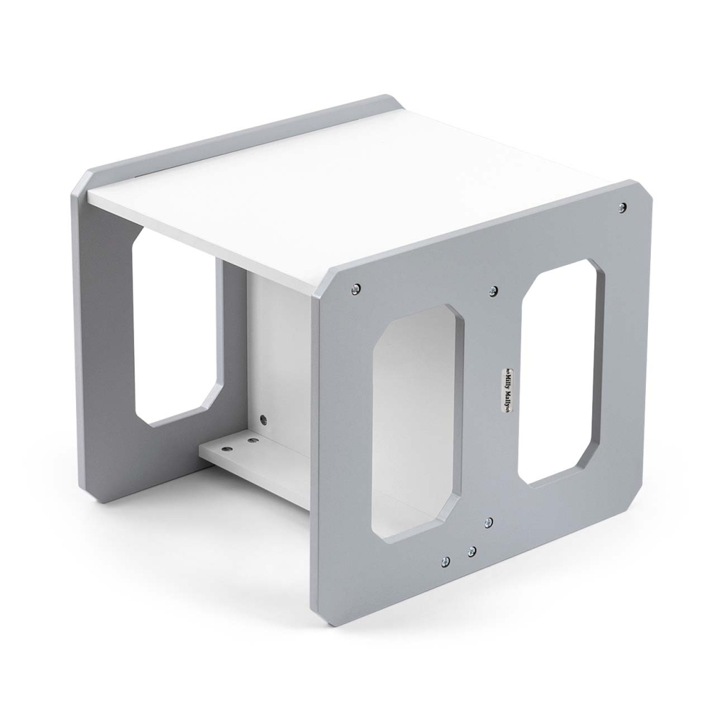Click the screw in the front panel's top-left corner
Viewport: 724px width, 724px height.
tap(355, 289)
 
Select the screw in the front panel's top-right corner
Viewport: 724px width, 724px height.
tap(623, 206)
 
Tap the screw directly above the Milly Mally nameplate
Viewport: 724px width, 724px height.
tap(493, 290)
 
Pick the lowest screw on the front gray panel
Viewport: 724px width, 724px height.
tap(445, 561)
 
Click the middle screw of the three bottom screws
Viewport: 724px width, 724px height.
tap(471, 551)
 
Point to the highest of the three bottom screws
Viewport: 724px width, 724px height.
tap(488, 522)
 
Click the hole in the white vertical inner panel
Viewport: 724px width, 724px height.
tap(264, 419)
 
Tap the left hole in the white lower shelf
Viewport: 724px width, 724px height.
tap(227, 448)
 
